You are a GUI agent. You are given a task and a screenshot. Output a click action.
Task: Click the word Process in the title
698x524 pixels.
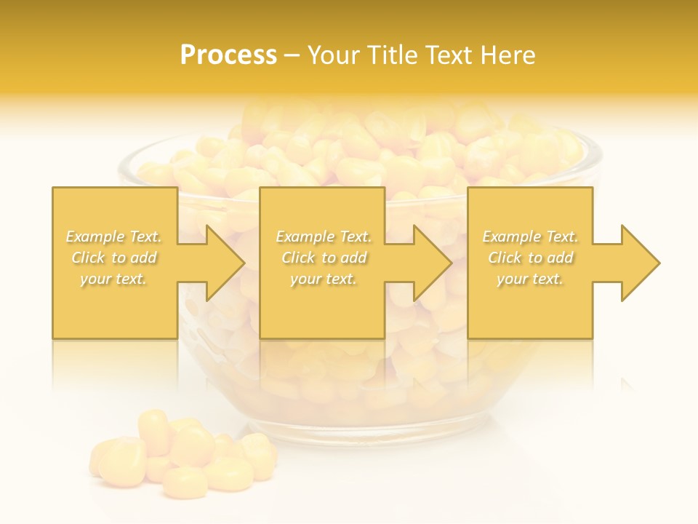tap(228, 55)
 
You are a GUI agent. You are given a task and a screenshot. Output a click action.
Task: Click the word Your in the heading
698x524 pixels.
tap(334, 55)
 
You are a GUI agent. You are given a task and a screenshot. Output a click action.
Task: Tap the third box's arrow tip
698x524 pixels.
tap(658, 263)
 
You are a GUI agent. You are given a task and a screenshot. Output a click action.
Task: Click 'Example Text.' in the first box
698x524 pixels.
tap(113, 237)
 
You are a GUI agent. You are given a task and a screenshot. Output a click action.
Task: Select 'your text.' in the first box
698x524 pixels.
tap(113, 279)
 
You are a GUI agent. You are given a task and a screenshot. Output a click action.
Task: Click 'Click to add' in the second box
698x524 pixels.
tap(324, 258)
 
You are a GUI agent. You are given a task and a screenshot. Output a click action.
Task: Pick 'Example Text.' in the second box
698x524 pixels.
tap(324, 237)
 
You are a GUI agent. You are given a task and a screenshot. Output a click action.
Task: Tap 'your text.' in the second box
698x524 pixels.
tap(324, 279)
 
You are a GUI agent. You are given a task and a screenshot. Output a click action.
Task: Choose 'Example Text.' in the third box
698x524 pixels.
tap(530, 237)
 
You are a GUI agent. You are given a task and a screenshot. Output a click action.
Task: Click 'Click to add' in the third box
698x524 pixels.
tap(530, 258)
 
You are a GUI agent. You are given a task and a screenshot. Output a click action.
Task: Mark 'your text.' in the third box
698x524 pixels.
tap(530, 279)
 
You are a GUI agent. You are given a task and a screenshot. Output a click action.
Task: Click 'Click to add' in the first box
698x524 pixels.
tap(113, 258)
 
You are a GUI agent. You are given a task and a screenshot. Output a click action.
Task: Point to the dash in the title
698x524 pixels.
tap(292, 56)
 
